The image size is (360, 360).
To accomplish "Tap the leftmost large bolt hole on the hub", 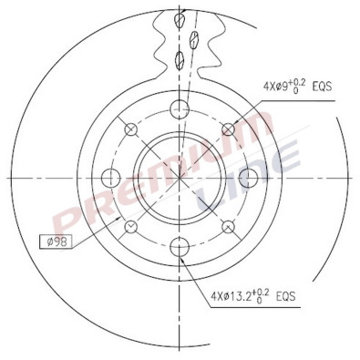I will coord(112,177).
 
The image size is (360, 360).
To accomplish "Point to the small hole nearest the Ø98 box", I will coord(132,225).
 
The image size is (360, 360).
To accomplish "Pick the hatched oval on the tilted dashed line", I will coord(194,38).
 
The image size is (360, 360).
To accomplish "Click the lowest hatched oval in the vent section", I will coord(180,61).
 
